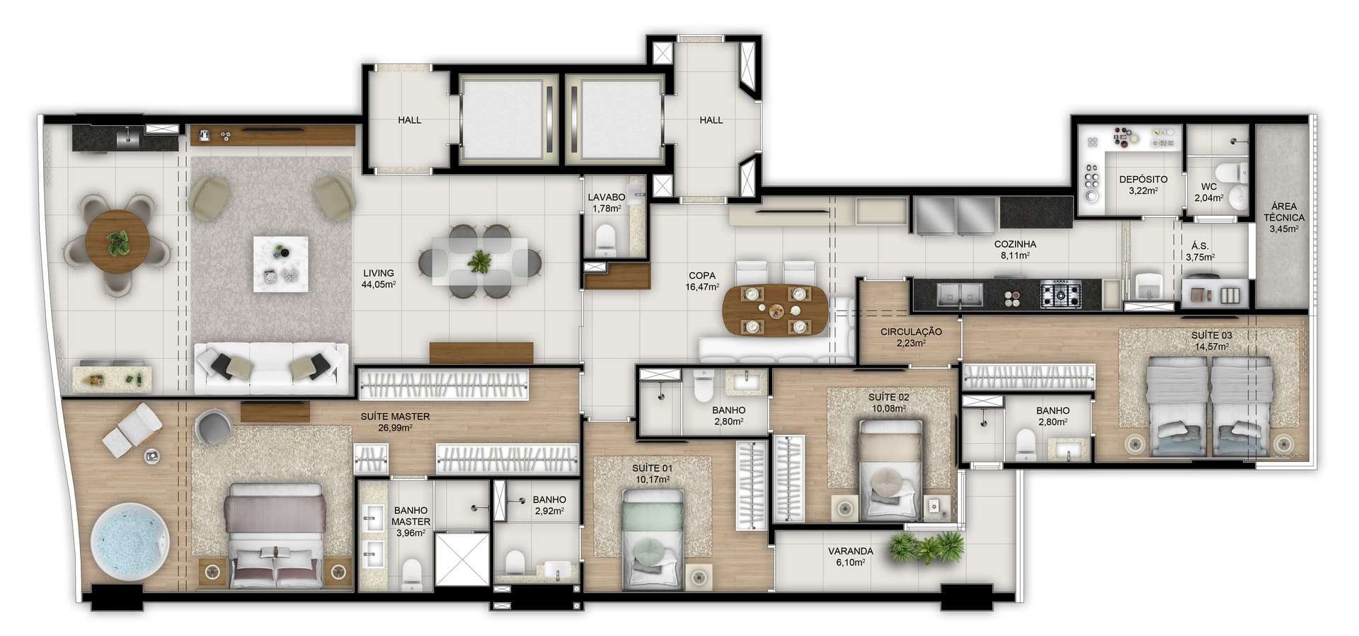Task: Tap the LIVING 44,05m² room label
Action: coord(379,279)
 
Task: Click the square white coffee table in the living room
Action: coord(281,263)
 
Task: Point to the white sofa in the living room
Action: coord(271,368)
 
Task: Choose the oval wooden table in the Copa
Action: coord(776,311)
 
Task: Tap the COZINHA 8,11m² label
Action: coord(1014,250)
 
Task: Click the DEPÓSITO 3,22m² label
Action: coord(1142,185)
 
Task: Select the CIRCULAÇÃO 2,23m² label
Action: coord(910,337)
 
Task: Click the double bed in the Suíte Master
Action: coord(276,535)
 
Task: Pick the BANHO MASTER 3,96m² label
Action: coord(411,521)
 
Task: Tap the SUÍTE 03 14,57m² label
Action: coord(1211,340)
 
